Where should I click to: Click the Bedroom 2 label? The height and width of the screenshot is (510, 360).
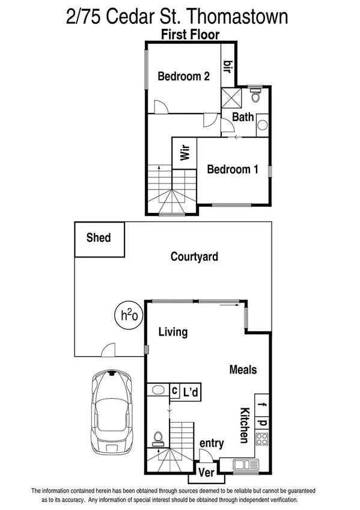click(x=183, y=76)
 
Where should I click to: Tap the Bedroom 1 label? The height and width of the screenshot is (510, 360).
click(x=232, y=170)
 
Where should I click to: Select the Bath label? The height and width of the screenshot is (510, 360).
click(x=243, y=117)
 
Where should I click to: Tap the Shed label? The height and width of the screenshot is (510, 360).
click(x=99, y=238)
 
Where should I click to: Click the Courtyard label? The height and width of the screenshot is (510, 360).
click(x=194, y=257)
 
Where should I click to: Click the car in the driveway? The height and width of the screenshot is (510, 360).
click(x=112, y=412)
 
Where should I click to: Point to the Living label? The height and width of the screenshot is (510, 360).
click(x=172, y=332)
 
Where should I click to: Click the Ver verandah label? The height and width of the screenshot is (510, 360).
click(x=207, y=472)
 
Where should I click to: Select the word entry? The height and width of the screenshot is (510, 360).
click(x=212, y=444)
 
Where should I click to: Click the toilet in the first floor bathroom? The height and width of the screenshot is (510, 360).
click(x=255, y=96)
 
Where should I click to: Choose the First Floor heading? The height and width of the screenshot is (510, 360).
click(x=190, y=34)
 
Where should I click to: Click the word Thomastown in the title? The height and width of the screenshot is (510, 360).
click(x=239, y=16)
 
